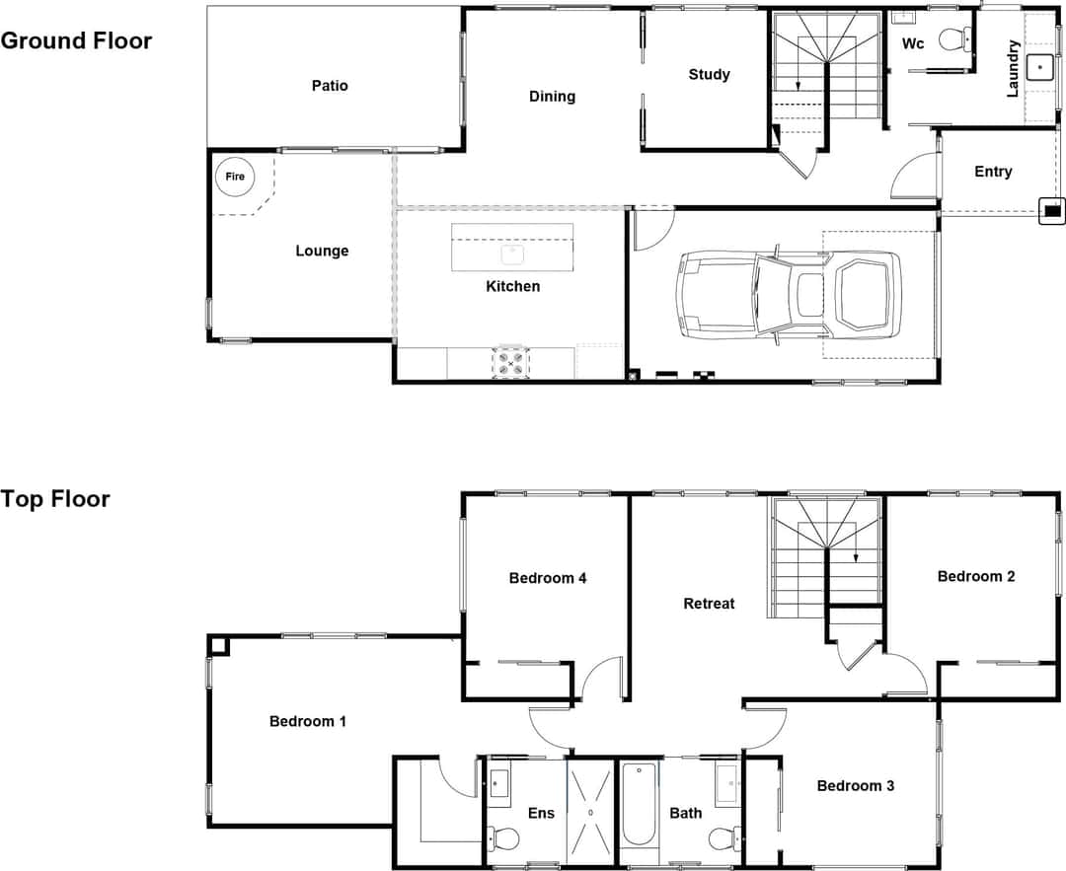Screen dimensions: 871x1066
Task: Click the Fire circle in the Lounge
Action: [x=235, y=177]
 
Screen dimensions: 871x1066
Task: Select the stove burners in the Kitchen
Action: [x=510, y=361]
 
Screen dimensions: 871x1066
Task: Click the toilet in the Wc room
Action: [x=953, y=39]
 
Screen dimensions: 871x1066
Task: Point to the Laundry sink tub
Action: [x=1040, y=67]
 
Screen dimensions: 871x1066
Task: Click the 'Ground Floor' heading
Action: [x=76, y=40]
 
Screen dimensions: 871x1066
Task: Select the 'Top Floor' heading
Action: [x=55, y=498]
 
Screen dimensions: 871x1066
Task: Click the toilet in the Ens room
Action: [x=504, y=838]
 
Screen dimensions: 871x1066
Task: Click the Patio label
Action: [x=330, y=86]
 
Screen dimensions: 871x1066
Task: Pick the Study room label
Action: [x=709, y=74]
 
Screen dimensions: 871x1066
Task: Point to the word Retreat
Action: [x=709, y=603]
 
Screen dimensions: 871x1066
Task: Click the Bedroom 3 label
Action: [x=855, y=785]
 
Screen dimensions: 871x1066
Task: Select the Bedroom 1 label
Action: [x=307, y=721]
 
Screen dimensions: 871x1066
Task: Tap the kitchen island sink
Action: [x=512, y=253]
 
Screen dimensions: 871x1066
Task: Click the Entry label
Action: [x=992, y=172]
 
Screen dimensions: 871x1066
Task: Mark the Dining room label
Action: [x=552, y=96]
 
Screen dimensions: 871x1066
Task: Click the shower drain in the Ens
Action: [x=590, y=812]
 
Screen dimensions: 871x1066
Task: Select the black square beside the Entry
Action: [x=1052, y=210]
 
